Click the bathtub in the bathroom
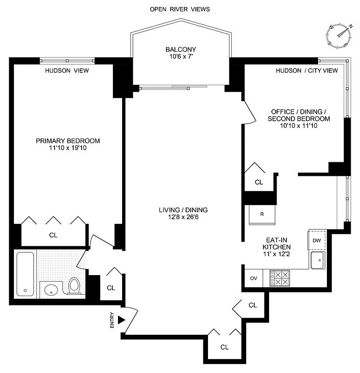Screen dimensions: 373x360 click(x=25, y=274)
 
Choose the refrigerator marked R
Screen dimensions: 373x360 click(x=262, y=214)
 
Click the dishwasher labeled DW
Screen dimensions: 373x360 click(x=317, y=241)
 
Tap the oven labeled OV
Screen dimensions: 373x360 click(x=254, y=278)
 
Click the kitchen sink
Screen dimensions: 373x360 click(x=319, y=260)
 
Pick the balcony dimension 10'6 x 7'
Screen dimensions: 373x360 click(x=180, y=57)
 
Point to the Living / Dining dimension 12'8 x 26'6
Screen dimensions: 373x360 click(x=183, y=218)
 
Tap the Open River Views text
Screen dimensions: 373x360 click(x=180, y=9)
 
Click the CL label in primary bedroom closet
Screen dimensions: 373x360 click(x=53, y=235)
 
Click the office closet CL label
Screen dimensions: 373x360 click(x=259, y=182)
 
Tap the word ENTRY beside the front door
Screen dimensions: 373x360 click(x=112, y=321)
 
